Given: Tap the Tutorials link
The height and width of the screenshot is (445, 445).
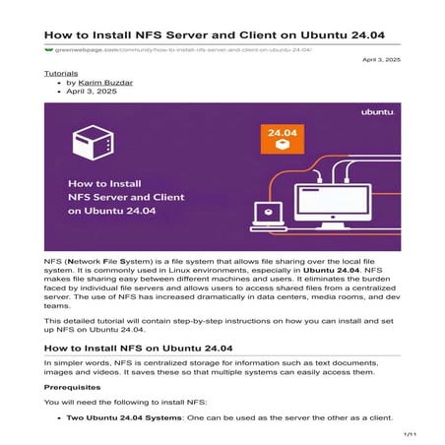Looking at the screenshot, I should click(62, 74).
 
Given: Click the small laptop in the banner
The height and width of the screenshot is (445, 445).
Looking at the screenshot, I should click(266, 216).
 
